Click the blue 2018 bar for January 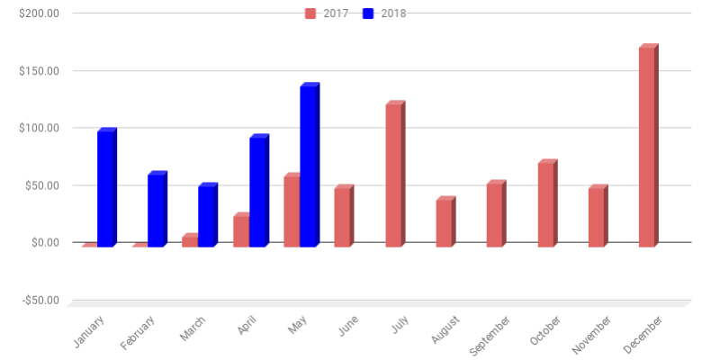pyautogui.click(x=106, y=189)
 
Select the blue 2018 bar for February pyautogui.click(x=157, y=210)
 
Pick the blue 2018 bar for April pyautogui.click(x=258, y=192)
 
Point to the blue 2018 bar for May pyautogui.click(x=309, y=166)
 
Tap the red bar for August pyautogui.click(x=444, y=223)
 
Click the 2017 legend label pyautogui.click(x=336, y=13)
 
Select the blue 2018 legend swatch pyautogui.click(x=369, y=13)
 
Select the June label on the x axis pyautogui.click(x=346, y=325)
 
